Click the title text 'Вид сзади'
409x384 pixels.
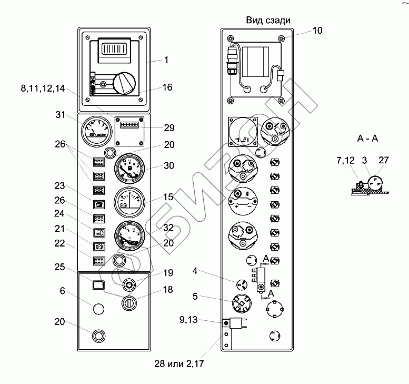[x=268, y=20]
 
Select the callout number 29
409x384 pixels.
[x=169, y=128]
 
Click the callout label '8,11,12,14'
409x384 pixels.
[x=43, y=89]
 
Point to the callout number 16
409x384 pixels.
[x=167, y=87]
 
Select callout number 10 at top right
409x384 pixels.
[x=317, y=31]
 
